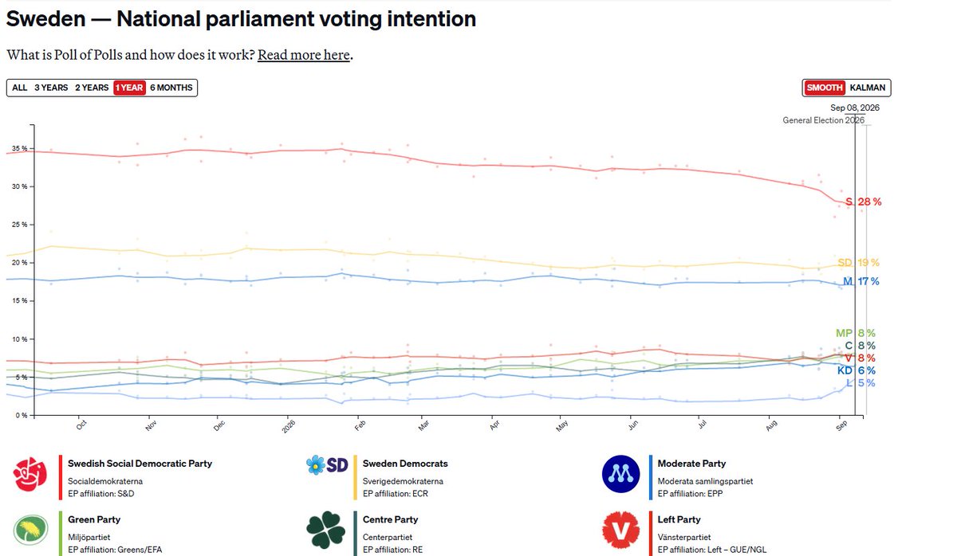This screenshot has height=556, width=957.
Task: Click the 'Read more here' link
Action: click(303, 55)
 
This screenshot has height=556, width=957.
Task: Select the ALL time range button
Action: click(20, 88)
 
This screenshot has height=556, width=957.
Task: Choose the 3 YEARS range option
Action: click(51, 88)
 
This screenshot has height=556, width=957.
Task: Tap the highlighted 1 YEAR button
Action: click(129, 88)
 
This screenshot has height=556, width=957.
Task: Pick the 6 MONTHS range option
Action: click(171, 88)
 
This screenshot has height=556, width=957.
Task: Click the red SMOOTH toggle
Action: click(824, 88)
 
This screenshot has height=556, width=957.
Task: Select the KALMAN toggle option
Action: click(868, 88)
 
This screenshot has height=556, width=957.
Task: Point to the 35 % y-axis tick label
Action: click(20, 148)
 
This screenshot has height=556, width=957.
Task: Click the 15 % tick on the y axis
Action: click(20, 301)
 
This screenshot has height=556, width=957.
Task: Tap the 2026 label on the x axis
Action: click(289, 426)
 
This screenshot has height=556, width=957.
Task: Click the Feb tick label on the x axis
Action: click(360, 425)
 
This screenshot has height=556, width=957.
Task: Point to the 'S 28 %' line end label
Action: click(864, 202)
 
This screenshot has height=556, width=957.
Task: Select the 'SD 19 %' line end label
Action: click(858, 263)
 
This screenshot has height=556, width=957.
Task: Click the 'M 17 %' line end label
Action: click(861, 282)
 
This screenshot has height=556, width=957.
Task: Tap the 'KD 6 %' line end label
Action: click(857, 371)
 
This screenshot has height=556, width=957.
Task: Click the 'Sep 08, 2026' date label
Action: click(855, 108)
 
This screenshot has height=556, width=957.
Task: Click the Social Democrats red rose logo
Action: click(30, 474)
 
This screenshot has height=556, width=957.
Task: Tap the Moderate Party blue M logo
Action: click(620, 474)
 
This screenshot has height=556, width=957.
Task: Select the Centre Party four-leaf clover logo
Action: click(325, 530)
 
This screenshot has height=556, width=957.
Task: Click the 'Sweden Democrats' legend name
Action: click(405, 464)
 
